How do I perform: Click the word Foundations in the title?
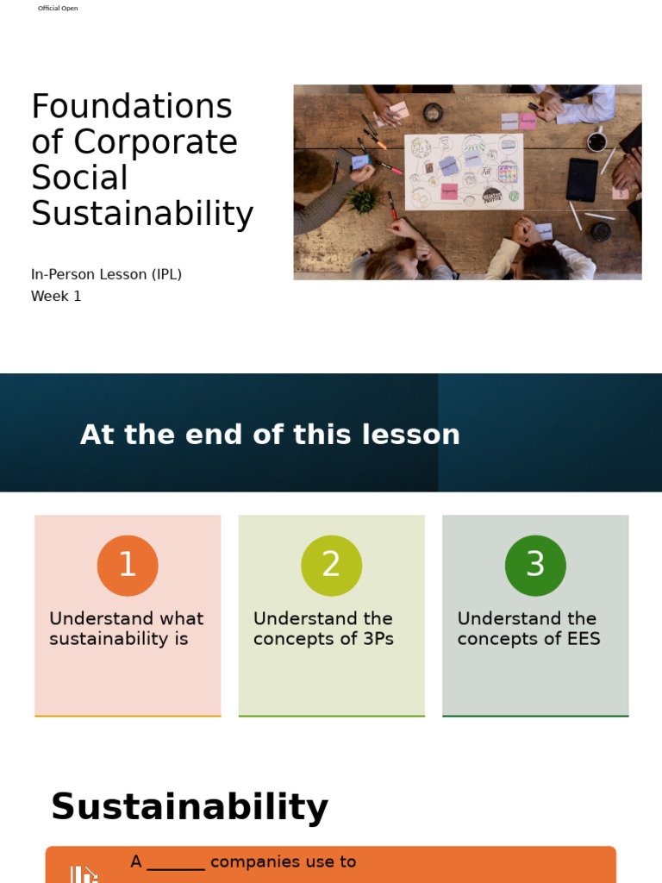coord(132,107)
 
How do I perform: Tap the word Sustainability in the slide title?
coord(142,214)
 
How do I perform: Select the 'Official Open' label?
coord(58,9)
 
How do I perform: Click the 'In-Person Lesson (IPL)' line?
coord(106,274)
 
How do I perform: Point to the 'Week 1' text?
coord(56,296)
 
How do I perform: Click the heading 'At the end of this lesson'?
coord(270,435)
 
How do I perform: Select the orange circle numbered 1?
coord(128,566)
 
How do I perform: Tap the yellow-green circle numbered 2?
coord(331,566)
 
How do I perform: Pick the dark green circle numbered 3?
coord(535,566)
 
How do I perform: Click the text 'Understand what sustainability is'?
coord(127,629)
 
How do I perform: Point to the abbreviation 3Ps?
coord(374,639)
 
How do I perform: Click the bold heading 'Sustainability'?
coord(190,807)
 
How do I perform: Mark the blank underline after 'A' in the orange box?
coord(176,863)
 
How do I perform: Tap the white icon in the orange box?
coord(84,874)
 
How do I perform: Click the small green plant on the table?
coord(363,201)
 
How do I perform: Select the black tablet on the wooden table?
coord(582,179)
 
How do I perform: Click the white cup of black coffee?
coord(596,141)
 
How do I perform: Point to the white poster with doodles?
coord(464,172)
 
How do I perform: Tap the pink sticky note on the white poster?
coord(450,191)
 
